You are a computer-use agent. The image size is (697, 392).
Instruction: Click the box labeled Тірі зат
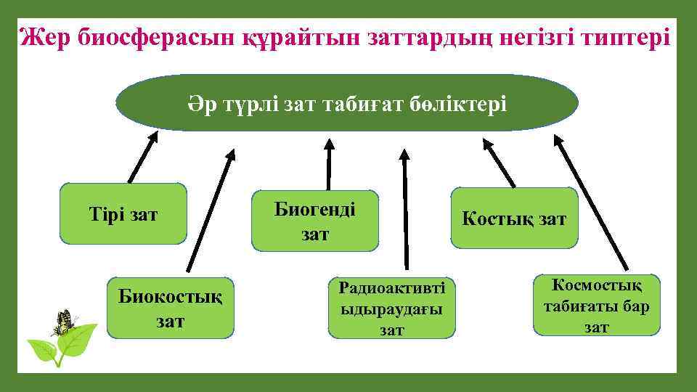click(x=123, y=213)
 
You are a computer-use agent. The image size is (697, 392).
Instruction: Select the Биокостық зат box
click(x=171, y=308)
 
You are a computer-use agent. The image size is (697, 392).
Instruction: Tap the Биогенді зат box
click(x=315, y=221)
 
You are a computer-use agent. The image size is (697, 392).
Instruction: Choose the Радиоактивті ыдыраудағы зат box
click(x=392, y=308)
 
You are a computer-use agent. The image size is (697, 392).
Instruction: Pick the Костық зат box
click(x=514, y=219)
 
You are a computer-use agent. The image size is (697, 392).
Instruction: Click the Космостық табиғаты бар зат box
click(x=597, y=305)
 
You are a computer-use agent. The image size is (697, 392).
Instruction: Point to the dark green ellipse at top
click(x=346, y=103)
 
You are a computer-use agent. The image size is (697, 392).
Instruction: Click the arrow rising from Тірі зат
click(x=143, y=156)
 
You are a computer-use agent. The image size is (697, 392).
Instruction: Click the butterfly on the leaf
click(x=64, y=322)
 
